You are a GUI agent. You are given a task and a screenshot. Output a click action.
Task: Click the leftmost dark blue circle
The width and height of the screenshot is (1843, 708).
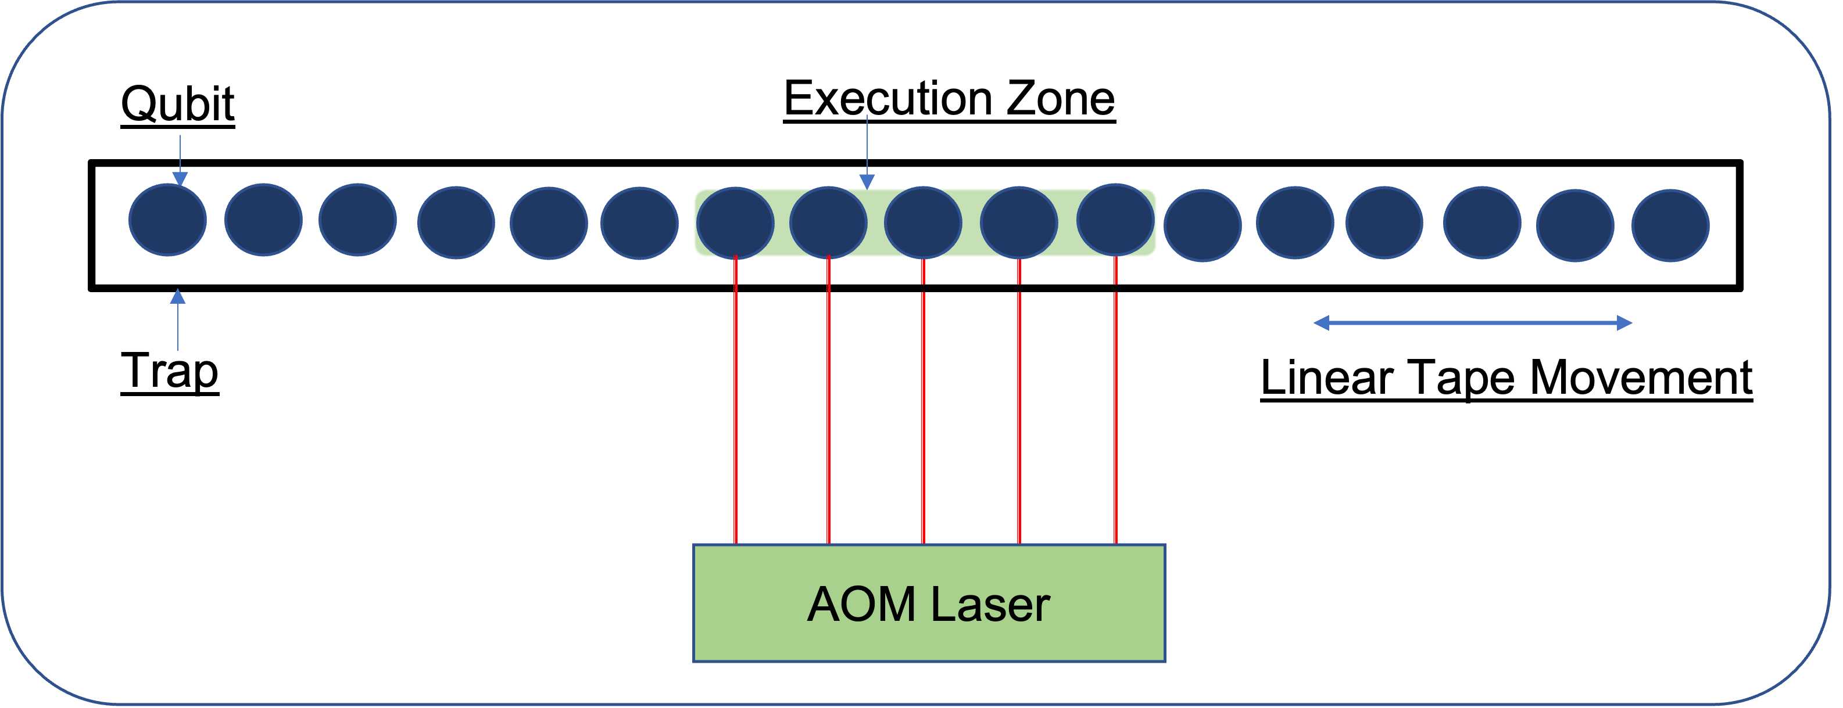coord(167,220)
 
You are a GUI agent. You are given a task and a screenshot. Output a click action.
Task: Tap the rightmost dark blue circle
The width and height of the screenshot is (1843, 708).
coord(1670,225)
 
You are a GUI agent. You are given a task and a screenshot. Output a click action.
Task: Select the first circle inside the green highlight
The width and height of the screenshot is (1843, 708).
coord(735,223)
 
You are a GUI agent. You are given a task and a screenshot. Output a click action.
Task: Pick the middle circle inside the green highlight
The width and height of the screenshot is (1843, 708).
coord(923,222)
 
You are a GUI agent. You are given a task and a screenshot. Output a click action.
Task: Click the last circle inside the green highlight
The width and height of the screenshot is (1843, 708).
coord(1115,220)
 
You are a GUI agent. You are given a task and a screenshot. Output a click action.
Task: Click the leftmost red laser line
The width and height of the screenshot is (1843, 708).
coord(735,415)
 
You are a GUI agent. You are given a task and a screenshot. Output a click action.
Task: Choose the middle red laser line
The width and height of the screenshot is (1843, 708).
coord(923,415)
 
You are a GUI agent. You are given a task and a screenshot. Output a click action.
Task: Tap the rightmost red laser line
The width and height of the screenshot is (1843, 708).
coord(1115,415)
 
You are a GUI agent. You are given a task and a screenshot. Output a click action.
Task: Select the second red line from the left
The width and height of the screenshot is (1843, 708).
coord(828,415)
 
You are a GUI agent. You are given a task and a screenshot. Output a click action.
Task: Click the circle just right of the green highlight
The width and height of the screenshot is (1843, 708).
coord(1202,225)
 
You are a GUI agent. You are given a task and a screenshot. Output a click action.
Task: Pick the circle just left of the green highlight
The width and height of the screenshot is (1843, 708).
coord(639,223)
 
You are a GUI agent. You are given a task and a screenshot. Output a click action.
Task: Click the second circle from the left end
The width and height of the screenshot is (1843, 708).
coord(263,220)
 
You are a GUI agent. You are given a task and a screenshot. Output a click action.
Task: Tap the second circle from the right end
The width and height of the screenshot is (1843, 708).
coord(1574,225)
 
